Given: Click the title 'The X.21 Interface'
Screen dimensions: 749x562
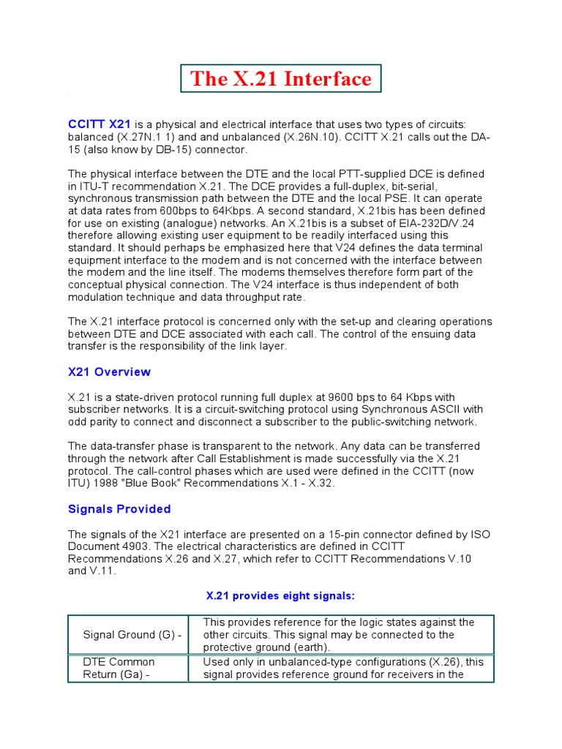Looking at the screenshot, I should point(281,79).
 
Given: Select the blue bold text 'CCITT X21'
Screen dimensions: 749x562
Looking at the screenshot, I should point(100,124).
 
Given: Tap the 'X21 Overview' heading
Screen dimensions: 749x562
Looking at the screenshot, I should point(109,372).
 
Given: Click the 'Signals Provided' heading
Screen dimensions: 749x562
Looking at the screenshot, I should point(119,509).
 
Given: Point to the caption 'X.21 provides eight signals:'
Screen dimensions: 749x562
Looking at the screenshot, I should point(281,596).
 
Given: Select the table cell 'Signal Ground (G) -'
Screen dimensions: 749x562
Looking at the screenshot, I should point(132,635).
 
